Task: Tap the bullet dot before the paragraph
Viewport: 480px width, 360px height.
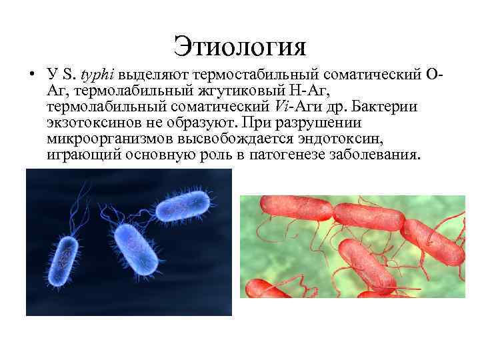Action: point(31,74)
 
